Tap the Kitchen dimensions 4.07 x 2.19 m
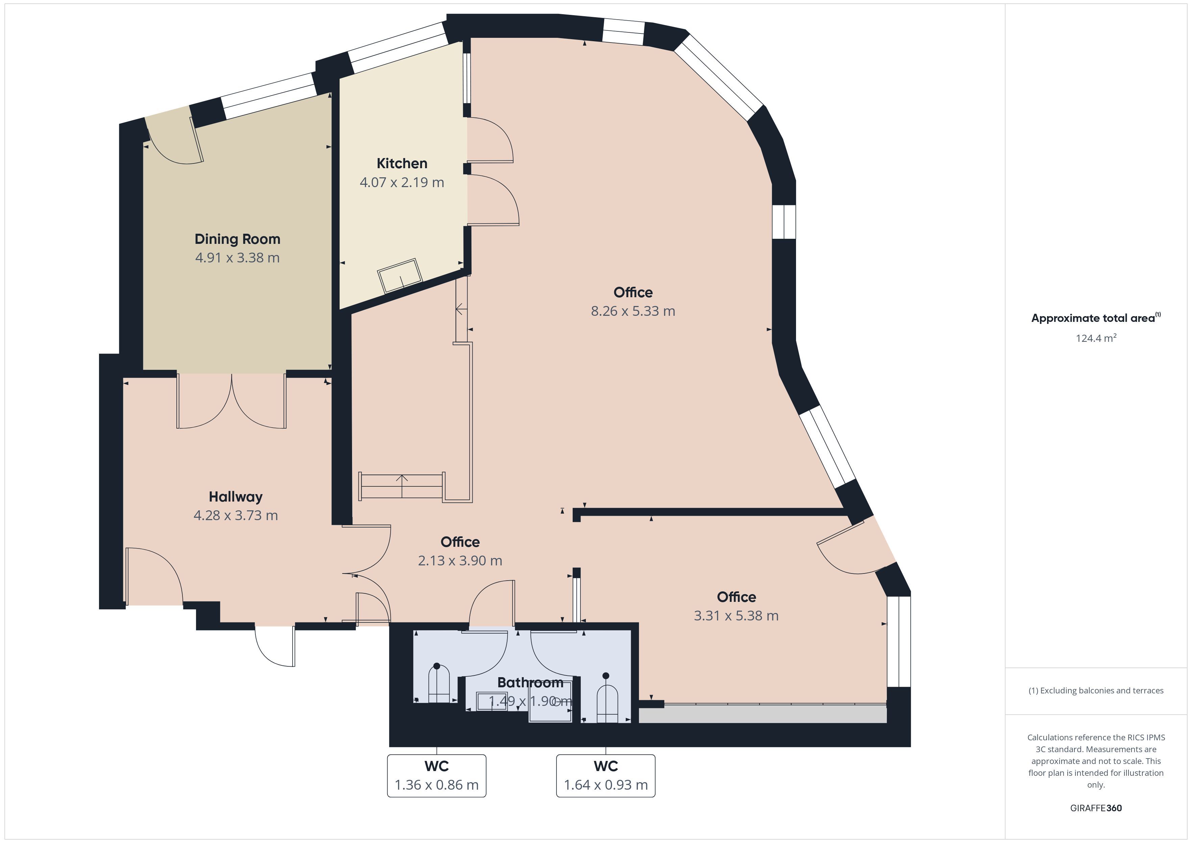click(402, 182)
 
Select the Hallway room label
click(236, 497)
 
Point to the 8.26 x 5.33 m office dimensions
click(633, 311)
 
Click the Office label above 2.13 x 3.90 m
click(460, 542)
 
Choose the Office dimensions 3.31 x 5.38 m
click(736, 616)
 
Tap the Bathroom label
click(530, 683)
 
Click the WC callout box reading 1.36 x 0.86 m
click(437, 775)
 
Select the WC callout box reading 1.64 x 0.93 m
click(606, 775)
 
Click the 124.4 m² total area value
click(1096, 338)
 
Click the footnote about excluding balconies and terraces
click(1096, 690)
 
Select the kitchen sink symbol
click(400, 276)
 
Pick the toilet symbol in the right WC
click(607, 698)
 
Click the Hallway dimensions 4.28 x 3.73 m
click(236, 515)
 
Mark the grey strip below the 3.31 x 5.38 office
click(763, 714)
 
